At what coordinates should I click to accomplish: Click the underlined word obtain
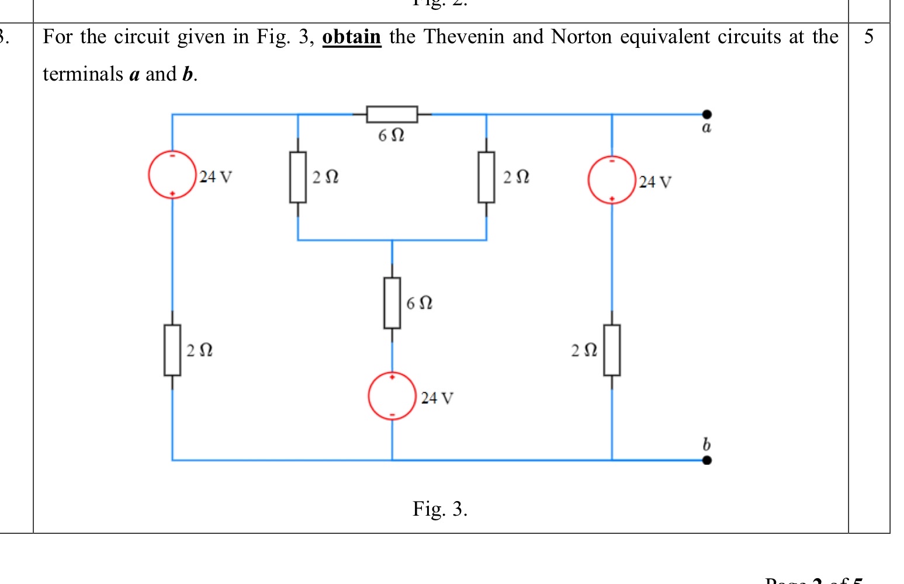[x=351, y=37]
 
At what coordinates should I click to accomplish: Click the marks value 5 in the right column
[x=869, y=37]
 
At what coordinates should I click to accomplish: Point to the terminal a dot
[x=706, y=114]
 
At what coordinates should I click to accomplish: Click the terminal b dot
[x=706, y=460]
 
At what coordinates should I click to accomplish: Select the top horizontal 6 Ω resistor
[x=392, y=114]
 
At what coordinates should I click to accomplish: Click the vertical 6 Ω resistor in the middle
[x=392, y=303]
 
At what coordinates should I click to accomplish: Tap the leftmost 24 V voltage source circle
[x=172, y=175]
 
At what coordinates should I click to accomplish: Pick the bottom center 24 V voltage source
[x=392, y=396]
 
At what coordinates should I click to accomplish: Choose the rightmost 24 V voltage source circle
[x=612, y=180]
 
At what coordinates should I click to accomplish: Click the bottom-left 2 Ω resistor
[x=172, y=350]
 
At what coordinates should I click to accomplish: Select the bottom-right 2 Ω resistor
[x=612, y=350]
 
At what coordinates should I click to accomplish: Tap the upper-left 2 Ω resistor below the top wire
[x=298, y=177]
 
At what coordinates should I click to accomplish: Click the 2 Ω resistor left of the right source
[x=486, y=177]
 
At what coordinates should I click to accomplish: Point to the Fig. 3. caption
[x=439, y=509]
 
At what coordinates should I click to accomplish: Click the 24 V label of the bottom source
[x=437, y=398]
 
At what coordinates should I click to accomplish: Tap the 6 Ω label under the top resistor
[x=391, y=135]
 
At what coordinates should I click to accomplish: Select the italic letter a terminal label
[x=706, y=128]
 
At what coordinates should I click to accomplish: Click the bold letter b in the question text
[x=188, y=74]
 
